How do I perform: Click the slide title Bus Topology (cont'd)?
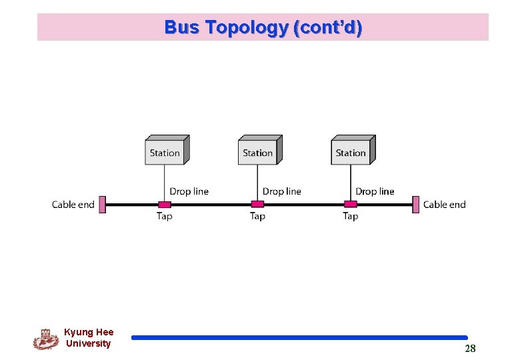click(263, 27)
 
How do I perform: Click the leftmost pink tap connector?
click(164, 204)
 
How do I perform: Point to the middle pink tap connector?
click(257, 204)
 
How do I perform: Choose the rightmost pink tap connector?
click(350, 204)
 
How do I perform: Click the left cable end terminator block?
click(102, 204)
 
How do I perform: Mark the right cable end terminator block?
click(416, 204)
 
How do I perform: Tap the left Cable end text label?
click(73, 205)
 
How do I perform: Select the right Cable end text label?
click(444, 205)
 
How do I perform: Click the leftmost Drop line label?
click(189, 191)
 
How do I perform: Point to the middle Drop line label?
click(282, 191)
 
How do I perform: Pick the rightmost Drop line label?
click(375, 191)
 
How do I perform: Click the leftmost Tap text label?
click(164, 216)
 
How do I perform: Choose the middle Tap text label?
click(257, 216)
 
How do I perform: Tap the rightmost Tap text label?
click(350, 216)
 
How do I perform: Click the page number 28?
click(470, 349)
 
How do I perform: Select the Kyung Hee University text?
click(89, 338)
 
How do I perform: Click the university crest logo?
click(45, 339)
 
